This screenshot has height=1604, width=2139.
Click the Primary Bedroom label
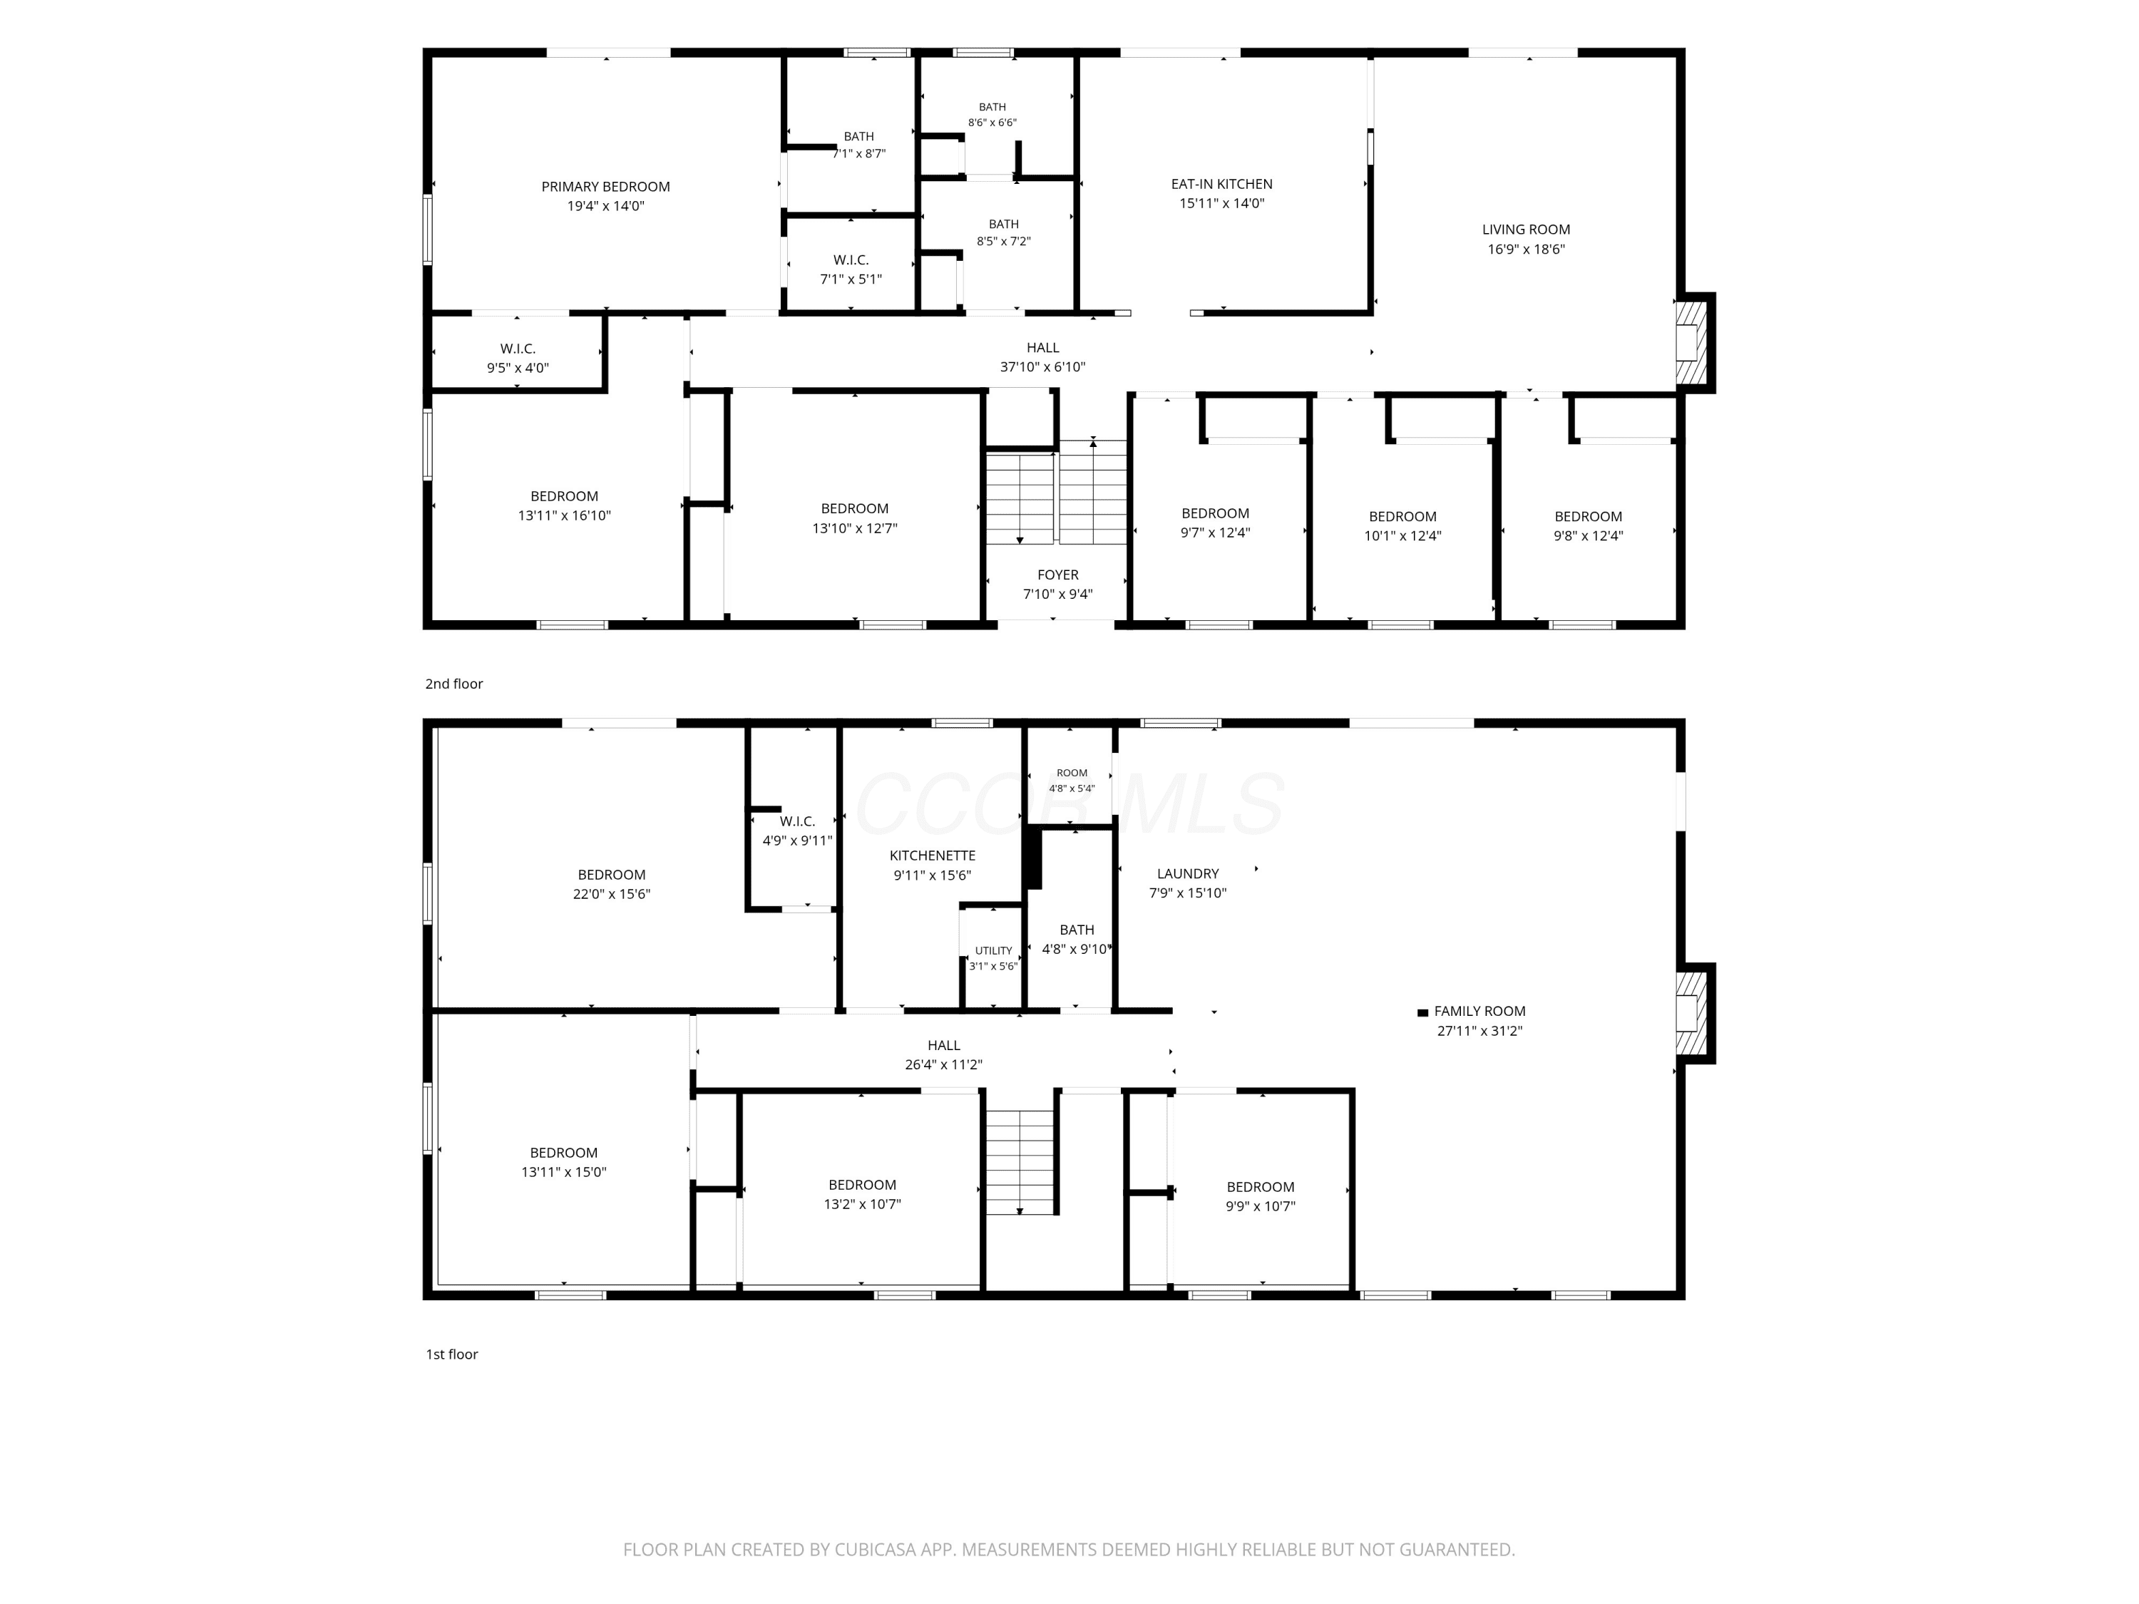605,187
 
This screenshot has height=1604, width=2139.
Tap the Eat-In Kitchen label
1221,184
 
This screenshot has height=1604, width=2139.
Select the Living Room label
1526,229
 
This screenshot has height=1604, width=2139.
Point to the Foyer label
1058,575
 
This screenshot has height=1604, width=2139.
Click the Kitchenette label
932,855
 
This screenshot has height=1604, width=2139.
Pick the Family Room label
1479,1012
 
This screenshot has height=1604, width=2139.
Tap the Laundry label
1187,873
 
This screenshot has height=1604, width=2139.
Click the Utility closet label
993,950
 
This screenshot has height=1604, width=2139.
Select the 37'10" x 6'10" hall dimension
1042,367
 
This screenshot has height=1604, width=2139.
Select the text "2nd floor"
453,684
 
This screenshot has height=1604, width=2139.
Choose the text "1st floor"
451,1354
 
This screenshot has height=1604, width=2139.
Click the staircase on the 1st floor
1019,1162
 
